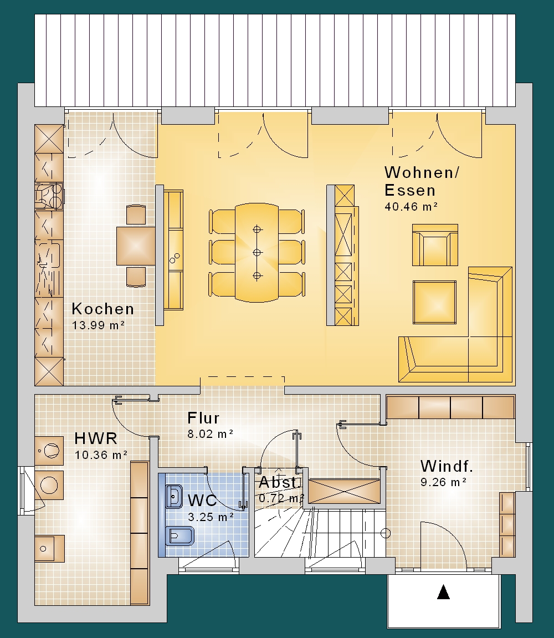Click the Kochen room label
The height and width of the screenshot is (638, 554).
102,309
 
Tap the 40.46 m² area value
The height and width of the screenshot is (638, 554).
411,207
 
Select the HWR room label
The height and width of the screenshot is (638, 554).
96,438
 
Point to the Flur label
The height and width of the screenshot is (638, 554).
203,418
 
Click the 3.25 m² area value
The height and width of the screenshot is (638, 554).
211,517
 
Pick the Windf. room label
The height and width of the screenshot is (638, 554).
447,466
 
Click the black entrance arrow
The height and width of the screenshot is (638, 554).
443,592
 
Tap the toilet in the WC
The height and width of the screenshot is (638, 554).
180,535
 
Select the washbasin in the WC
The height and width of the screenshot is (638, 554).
174,497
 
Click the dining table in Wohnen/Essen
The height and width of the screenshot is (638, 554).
257,253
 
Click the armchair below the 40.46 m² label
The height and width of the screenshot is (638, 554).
435,245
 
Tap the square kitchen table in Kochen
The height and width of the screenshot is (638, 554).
136,246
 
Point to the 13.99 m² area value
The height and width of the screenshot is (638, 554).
98,325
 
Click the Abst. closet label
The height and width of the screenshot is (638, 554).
280,483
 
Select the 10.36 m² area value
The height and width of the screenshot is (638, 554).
101,455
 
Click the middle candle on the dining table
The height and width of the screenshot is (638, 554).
257,253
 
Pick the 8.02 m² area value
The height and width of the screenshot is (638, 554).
211,434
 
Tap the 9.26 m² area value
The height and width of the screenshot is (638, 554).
443,482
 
